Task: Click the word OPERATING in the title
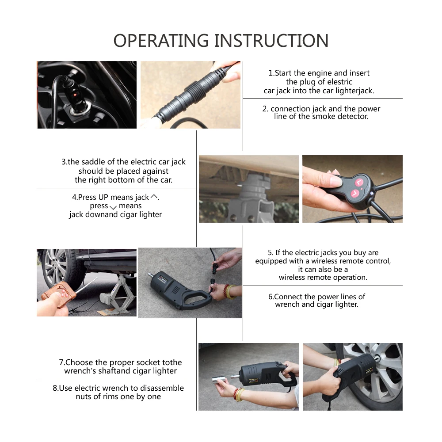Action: pos(161,41)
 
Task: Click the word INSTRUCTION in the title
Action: pos(271,41)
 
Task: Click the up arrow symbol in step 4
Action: pos(154,197)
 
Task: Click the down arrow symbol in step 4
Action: pos(113,207)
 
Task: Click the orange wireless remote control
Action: pos(59,294)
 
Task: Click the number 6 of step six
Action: pos(271,297)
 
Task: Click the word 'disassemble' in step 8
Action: pos(162,388)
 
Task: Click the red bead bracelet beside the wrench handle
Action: pos(226,292)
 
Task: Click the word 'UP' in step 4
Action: pos(103,197)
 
